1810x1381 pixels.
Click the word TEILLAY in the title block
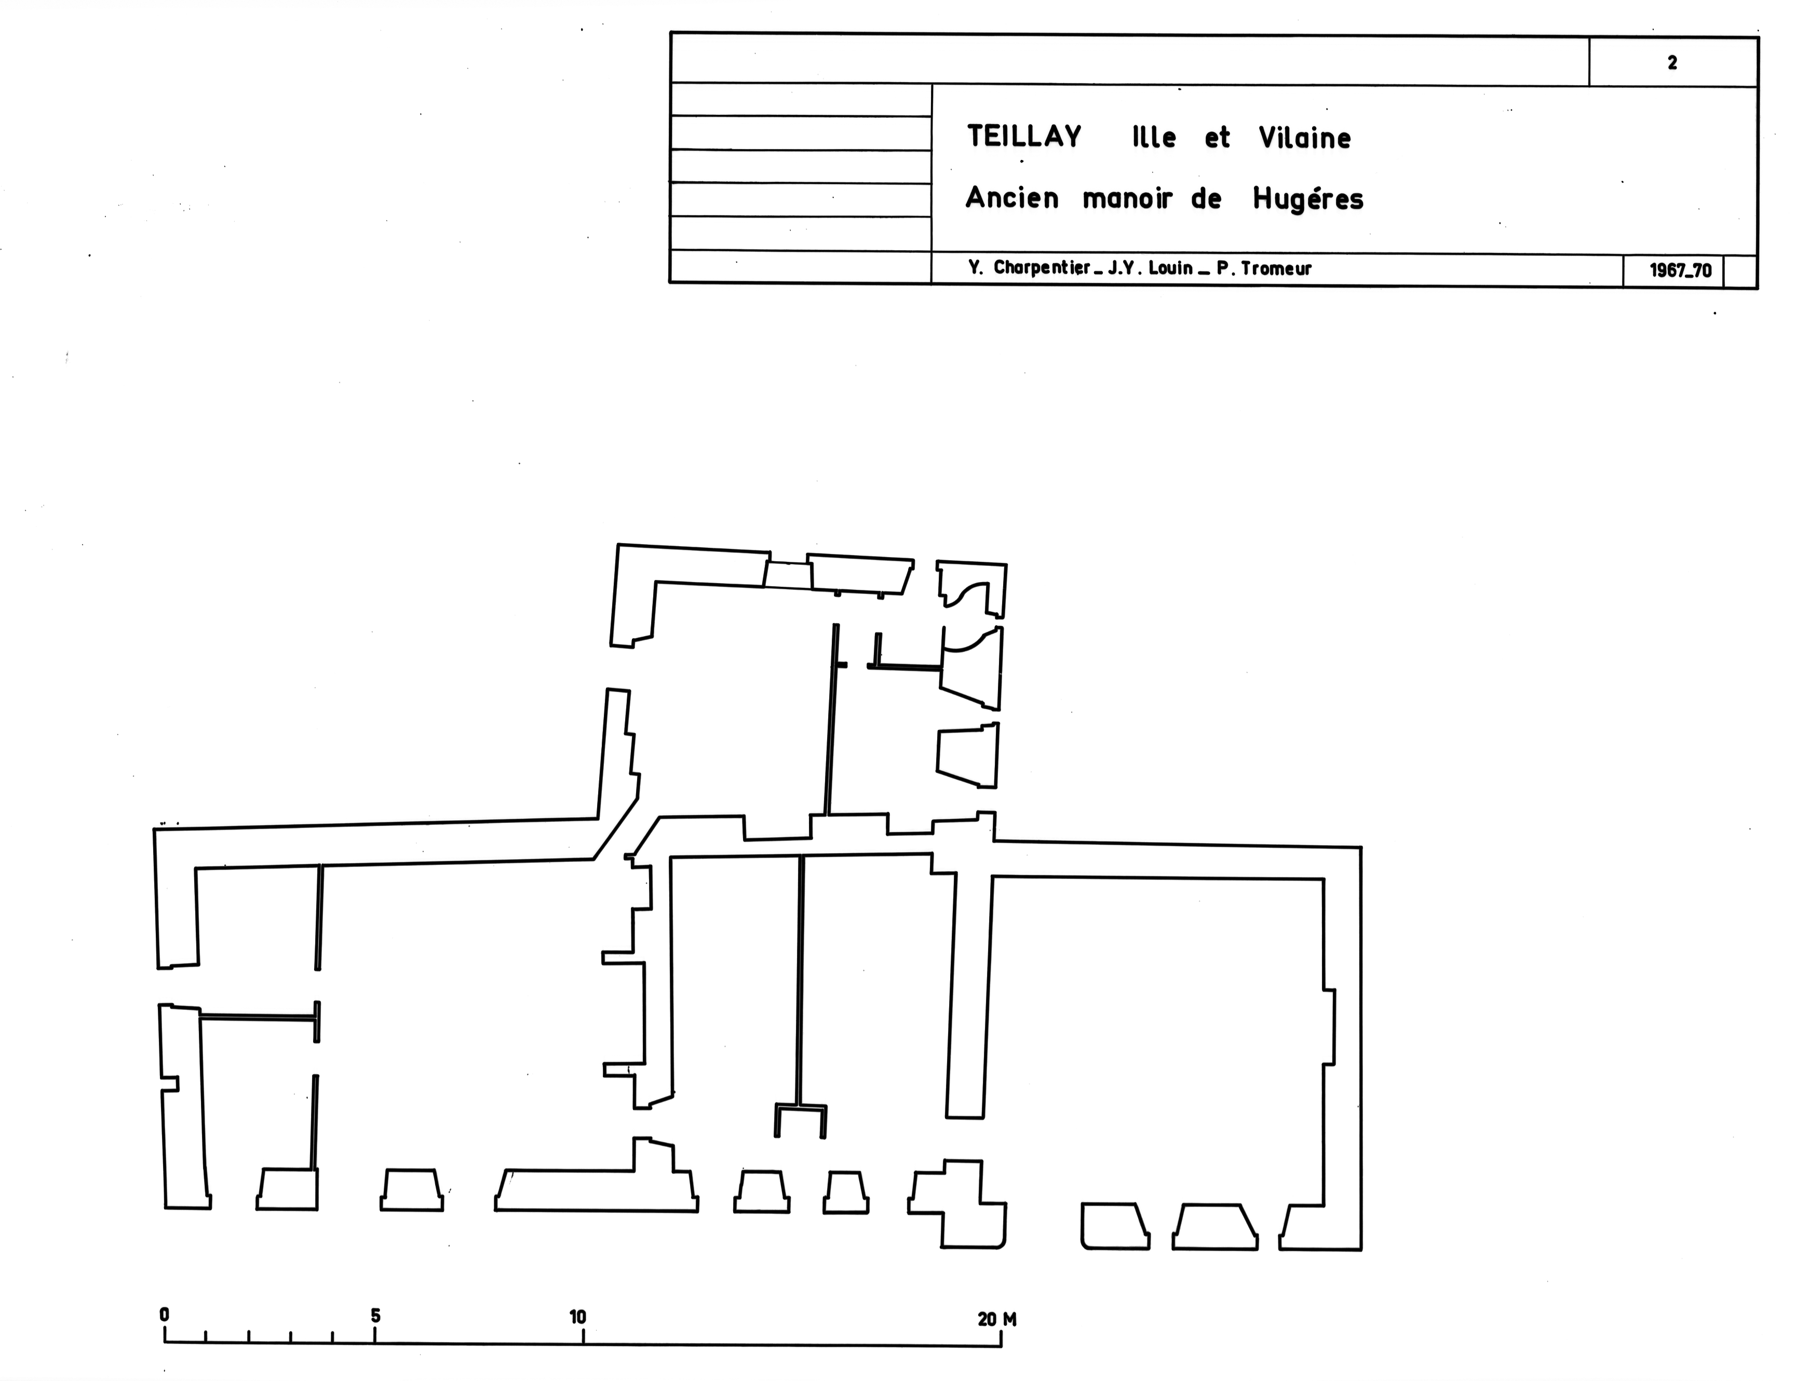tap(1024, 137)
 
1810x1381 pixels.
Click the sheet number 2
tap(1672, 62)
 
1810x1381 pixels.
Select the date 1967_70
tap(1681, 270)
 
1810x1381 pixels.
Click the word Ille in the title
tap(1154, 137)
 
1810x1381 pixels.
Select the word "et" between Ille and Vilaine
tap(1218, 138)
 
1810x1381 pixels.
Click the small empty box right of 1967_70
tap(1740, 271)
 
